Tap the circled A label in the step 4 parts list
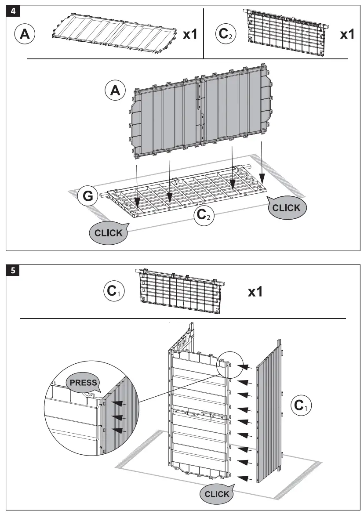coord(25,34)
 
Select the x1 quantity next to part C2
coord(347,34)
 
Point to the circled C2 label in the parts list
coord(226,34)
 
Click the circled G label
coord(88,197)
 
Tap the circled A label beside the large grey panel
coord(115,90)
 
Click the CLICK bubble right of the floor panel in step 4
coord(286,208)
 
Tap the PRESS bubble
coord(84,382)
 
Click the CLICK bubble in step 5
coord(217,494)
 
